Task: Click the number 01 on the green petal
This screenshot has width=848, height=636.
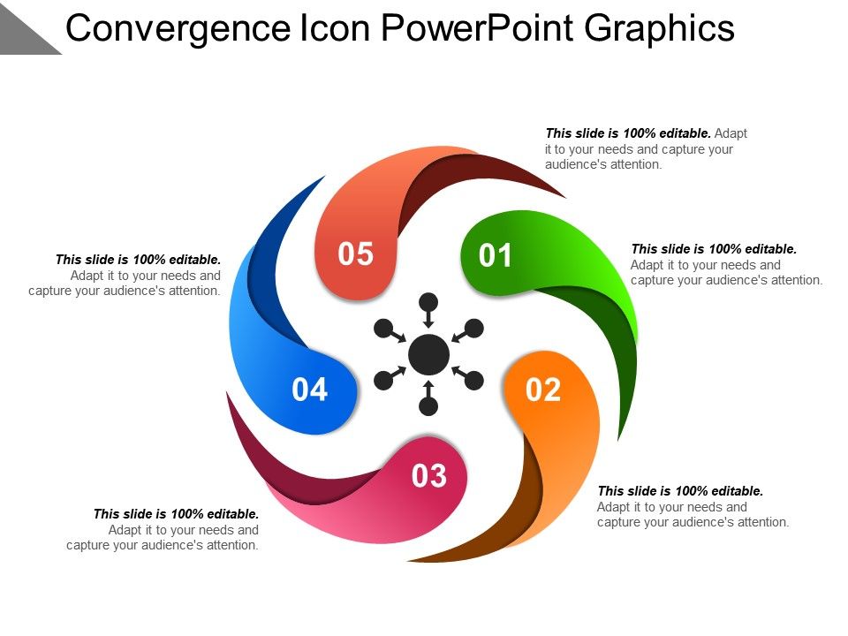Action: pos(496,256)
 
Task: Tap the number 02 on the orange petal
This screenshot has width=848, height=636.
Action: pos(543,390)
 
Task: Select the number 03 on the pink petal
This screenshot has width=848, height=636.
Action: pos(430,477)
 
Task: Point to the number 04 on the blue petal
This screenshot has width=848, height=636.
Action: pos(310,390)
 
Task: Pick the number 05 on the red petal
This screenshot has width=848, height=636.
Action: pos(357,254)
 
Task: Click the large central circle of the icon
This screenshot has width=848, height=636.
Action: pos(429,354)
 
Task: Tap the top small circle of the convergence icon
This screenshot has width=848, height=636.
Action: pos(428,301)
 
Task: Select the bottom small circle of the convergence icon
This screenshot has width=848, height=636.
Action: pos(428,406)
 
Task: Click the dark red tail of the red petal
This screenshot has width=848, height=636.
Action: pos(477,172)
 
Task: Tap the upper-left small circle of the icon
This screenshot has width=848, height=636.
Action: pos(383,329)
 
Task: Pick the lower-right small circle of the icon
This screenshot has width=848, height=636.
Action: pos(474,381)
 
